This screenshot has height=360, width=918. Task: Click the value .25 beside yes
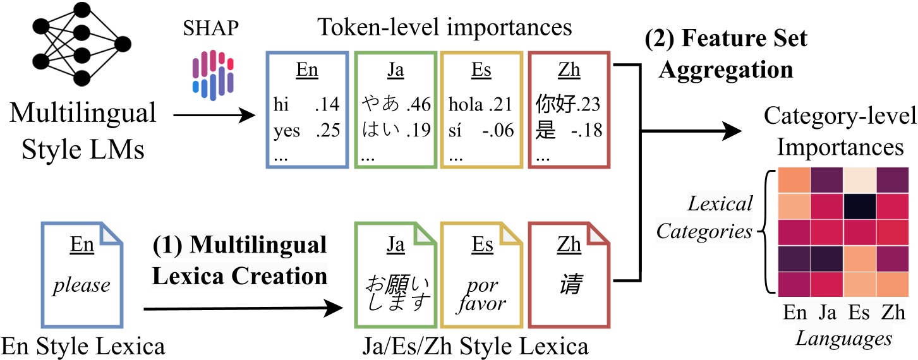(x=328, y=130)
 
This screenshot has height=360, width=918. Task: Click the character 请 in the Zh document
(x=569, y=285)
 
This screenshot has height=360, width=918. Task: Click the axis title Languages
(x=843, y=339)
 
